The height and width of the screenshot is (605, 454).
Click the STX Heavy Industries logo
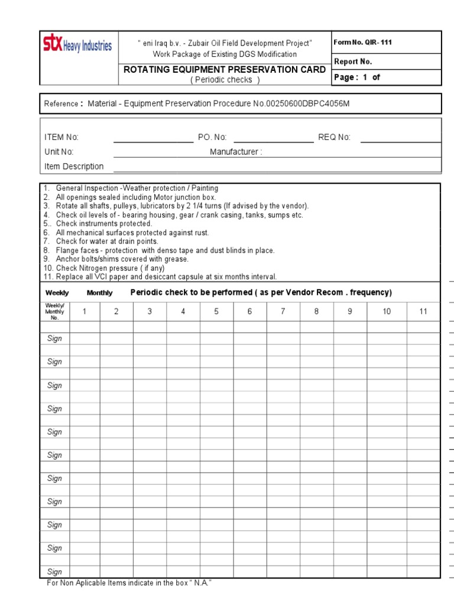click(77, 45)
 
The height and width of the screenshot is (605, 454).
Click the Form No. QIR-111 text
click(362, 43)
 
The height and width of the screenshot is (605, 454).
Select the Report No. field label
click(353, 61)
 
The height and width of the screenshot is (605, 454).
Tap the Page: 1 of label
click(357, 77)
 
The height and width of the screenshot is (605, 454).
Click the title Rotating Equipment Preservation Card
click(224, 70)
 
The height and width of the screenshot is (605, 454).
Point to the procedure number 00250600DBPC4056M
click(301, 103)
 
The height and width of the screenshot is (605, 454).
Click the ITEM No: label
click(61, 137)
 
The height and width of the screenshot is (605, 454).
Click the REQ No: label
click(334, 137)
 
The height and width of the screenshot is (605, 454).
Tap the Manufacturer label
click(236, 152)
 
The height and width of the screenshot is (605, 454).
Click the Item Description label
click(74, 167)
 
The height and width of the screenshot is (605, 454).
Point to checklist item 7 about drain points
click(100, 242)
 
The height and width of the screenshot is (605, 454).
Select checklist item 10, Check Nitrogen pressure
click(103, 268)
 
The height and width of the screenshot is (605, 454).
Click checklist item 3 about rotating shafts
click(177, 206)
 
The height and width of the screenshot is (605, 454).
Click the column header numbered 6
click(249, 311)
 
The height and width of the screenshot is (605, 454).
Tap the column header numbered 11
click(423, 311)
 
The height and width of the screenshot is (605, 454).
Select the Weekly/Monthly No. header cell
click(55, 311)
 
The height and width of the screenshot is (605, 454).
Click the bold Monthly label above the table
click(99, 293)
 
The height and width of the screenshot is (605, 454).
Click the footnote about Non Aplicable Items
click(129, 583)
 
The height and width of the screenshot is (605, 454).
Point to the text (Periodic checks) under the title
click(225, 80)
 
